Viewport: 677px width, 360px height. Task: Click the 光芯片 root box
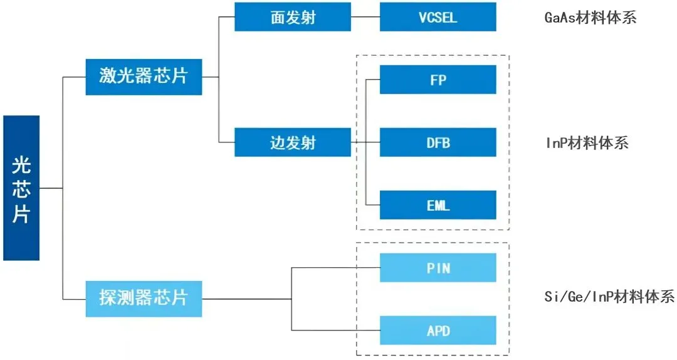pyautogui.click(x=21, y=188)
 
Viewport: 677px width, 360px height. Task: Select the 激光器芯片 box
pyautogui.click(x=144, y=77)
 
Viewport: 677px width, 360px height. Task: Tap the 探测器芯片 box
pyautogui.click(x=144, y=299)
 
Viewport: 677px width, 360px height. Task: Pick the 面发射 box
pyautogui.click(x=293, y=17)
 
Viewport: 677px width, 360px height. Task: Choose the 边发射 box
pyautogui.click(x=293, y=142)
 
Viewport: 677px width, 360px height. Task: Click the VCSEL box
pyautogui.click(x=438, y=17)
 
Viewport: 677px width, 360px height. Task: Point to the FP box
pyautogui.click(x=438, y=80)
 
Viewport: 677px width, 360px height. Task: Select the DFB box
pyautogui.click(x=438, y=142)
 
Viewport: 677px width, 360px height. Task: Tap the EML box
pyautogui.click(x=438, y=205)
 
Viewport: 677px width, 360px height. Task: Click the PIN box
pyautogui.click(x=438, y=268)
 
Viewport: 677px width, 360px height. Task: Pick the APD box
pyautogui.click(x=438, y=330)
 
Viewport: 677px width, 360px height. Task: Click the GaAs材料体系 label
pyautogui.click(x=590, y=18)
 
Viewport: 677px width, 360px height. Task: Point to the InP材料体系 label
pyautogui.click(x=587, y=142)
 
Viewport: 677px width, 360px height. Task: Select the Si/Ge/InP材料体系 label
pyautogui.click(x=609, y=296)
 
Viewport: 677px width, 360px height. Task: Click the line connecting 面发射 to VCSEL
pyautogui.click(x=365, y=17)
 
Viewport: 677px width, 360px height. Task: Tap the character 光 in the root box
pyautogui.click(x=21, y=165)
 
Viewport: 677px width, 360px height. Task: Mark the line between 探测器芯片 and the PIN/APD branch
pyautogui.click(x=246, y=299)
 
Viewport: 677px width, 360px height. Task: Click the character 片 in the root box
pyautogui.click(x=21, y=213)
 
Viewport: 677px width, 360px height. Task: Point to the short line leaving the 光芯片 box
pyautogui.click(x=51, y=188)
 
